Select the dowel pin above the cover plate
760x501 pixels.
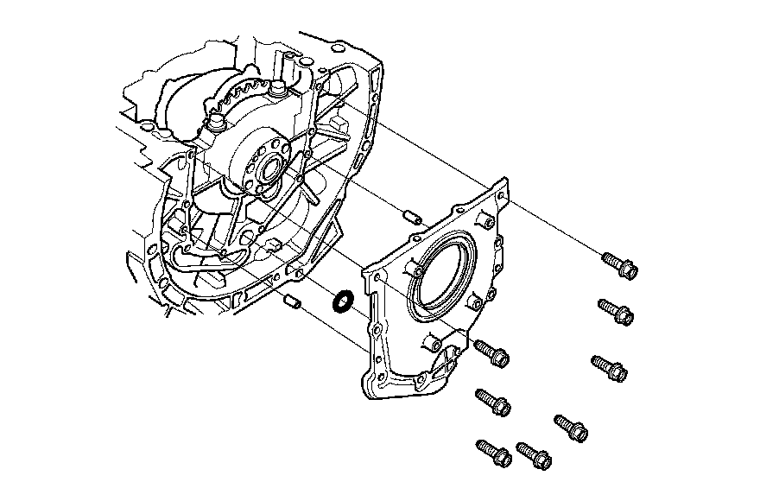[413, 215]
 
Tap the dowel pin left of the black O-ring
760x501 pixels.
[292, 301]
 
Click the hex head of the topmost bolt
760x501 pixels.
[628, 270]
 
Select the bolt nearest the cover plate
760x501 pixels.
[499, 357]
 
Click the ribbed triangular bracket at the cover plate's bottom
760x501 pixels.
[446, 366]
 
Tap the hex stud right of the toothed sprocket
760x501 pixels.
[280, 88]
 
